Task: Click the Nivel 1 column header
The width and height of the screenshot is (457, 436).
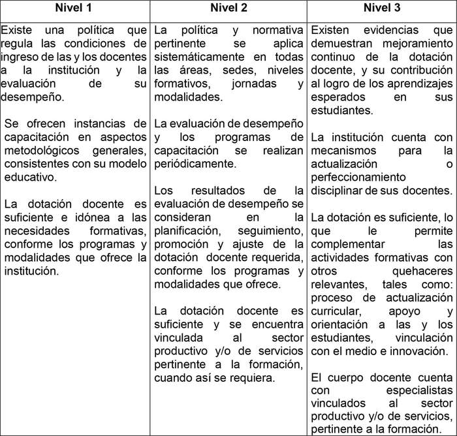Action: [76, 9]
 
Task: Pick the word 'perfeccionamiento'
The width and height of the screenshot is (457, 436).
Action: [358, 177]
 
